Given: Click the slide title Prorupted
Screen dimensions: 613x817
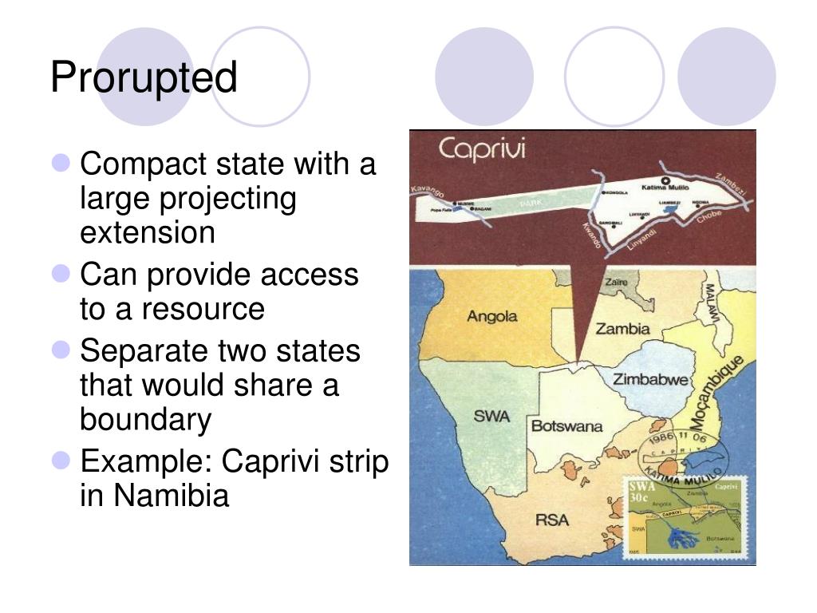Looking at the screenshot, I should pos(144,78).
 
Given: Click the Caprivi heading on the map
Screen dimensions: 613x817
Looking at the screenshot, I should pos(481,149).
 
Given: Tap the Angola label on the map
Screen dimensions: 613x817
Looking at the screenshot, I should pos(491,316).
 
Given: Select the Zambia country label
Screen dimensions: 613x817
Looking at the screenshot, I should pos(622,329).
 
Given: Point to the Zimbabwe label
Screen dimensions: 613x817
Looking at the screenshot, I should pos(649,380).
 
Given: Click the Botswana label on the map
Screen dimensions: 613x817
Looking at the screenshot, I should pos(566,426).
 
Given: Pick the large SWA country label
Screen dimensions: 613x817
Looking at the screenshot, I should pos(491,417).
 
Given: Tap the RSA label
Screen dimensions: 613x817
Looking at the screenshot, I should pos(551,520).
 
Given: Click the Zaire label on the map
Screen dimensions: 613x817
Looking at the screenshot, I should pos(617,283).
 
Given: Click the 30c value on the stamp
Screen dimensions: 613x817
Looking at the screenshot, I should pos(640,498).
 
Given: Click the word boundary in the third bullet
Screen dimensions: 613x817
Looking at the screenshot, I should pos(145,418).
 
